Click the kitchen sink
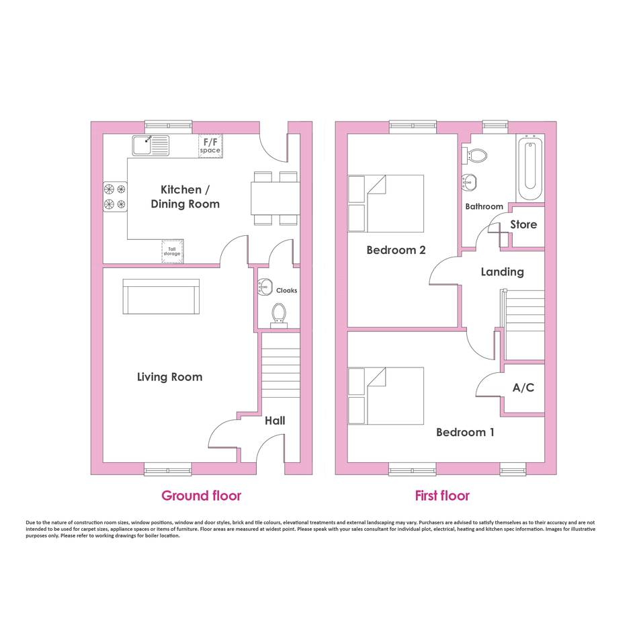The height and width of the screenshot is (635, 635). [x=151, y=145]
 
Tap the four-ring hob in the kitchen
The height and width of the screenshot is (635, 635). [x=115, y=197]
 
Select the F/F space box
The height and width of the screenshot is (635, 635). [x=210, y=146]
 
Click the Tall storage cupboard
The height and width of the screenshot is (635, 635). [x=172, y=251]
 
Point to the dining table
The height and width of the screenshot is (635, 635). [x=276, y=198]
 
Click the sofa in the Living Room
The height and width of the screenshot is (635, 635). [x=161, y=296]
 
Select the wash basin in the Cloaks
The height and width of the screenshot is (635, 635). [x=265, y=287]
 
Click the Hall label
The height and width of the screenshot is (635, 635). [x=275, y=421]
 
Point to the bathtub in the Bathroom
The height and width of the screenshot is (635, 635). [x=530, y=168]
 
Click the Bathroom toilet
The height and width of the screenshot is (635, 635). [x=474, y=155]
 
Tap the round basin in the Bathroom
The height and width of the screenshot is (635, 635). [x=470, y=182]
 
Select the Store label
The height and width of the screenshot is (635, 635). [x=523, y=224]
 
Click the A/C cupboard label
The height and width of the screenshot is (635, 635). [x=523, y=388]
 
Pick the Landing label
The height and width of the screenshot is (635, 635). [x=502, y=271]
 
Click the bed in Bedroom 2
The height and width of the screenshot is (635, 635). [x=386, y=204]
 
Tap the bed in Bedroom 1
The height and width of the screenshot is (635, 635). [x=386, y=396]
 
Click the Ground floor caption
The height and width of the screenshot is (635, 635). [x=202, y=496]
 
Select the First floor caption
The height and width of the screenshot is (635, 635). [x=442, y=496]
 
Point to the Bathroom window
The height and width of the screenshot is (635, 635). [x=495, y=127]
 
